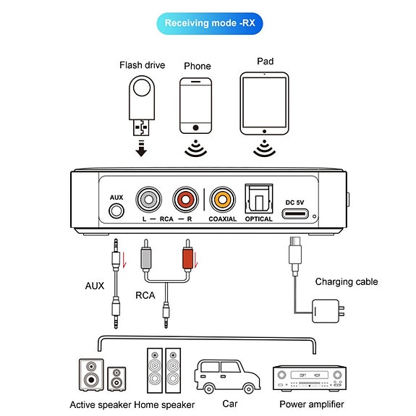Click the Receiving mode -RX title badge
coord(210,23)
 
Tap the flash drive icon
coord(142,106)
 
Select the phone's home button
coord(196,128)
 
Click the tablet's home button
coord(264,132)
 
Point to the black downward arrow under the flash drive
coord(141,148)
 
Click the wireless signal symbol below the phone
coord(196,148)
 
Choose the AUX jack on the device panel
coord(116,211)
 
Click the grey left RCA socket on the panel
coord(148,200)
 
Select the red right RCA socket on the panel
coord(185,200)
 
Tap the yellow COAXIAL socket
coord(222,200)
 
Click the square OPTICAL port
coord(259,199)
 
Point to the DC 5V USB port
coord(295,214)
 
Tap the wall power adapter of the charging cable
coord(328,311)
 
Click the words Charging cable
coord(347,281)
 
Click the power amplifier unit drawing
coord(310,378)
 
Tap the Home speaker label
coord(164,405)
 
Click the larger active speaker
coord(91,375)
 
